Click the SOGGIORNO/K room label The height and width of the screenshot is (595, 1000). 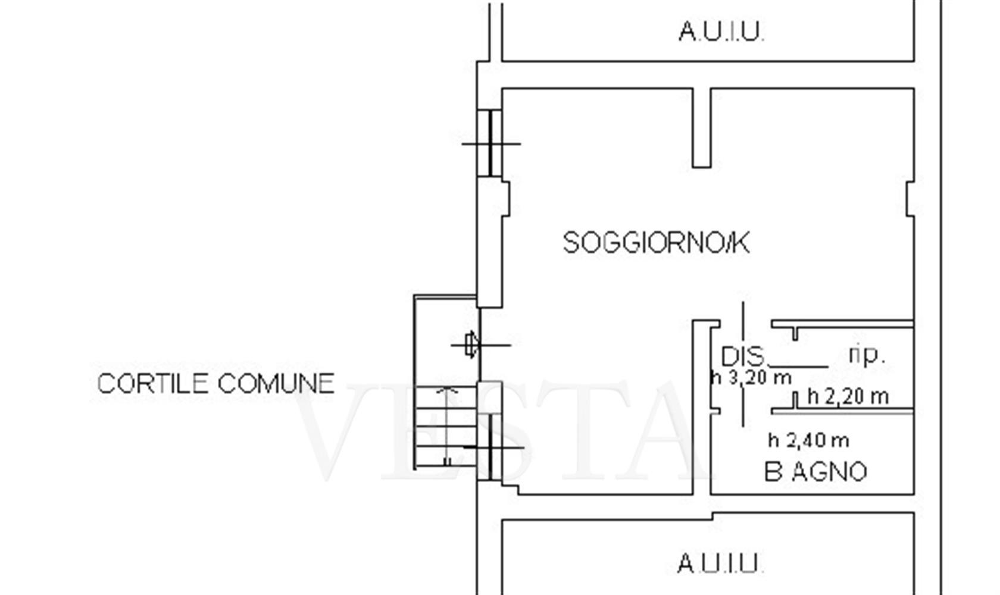656,243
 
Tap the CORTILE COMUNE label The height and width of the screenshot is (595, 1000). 216,383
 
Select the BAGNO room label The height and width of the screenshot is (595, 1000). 815,472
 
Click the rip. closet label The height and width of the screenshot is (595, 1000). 866,356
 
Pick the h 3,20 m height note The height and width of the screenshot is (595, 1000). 751,378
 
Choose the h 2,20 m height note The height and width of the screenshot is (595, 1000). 848,396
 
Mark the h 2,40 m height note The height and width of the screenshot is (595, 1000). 808,440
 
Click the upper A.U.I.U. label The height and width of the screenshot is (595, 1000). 721,32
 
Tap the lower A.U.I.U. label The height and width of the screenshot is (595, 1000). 720,563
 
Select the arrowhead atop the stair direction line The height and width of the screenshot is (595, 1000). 447,391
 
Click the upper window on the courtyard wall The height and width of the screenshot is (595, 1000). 490,143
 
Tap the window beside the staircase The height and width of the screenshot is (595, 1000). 490,447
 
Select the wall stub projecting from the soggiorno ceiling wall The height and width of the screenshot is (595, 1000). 701,128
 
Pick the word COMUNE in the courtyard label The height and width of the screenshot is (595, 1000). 276,383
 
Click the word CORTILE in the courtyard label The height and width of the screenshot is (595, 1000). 152,383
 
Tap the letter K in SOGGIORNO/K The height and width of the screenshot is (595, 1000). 741,243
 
